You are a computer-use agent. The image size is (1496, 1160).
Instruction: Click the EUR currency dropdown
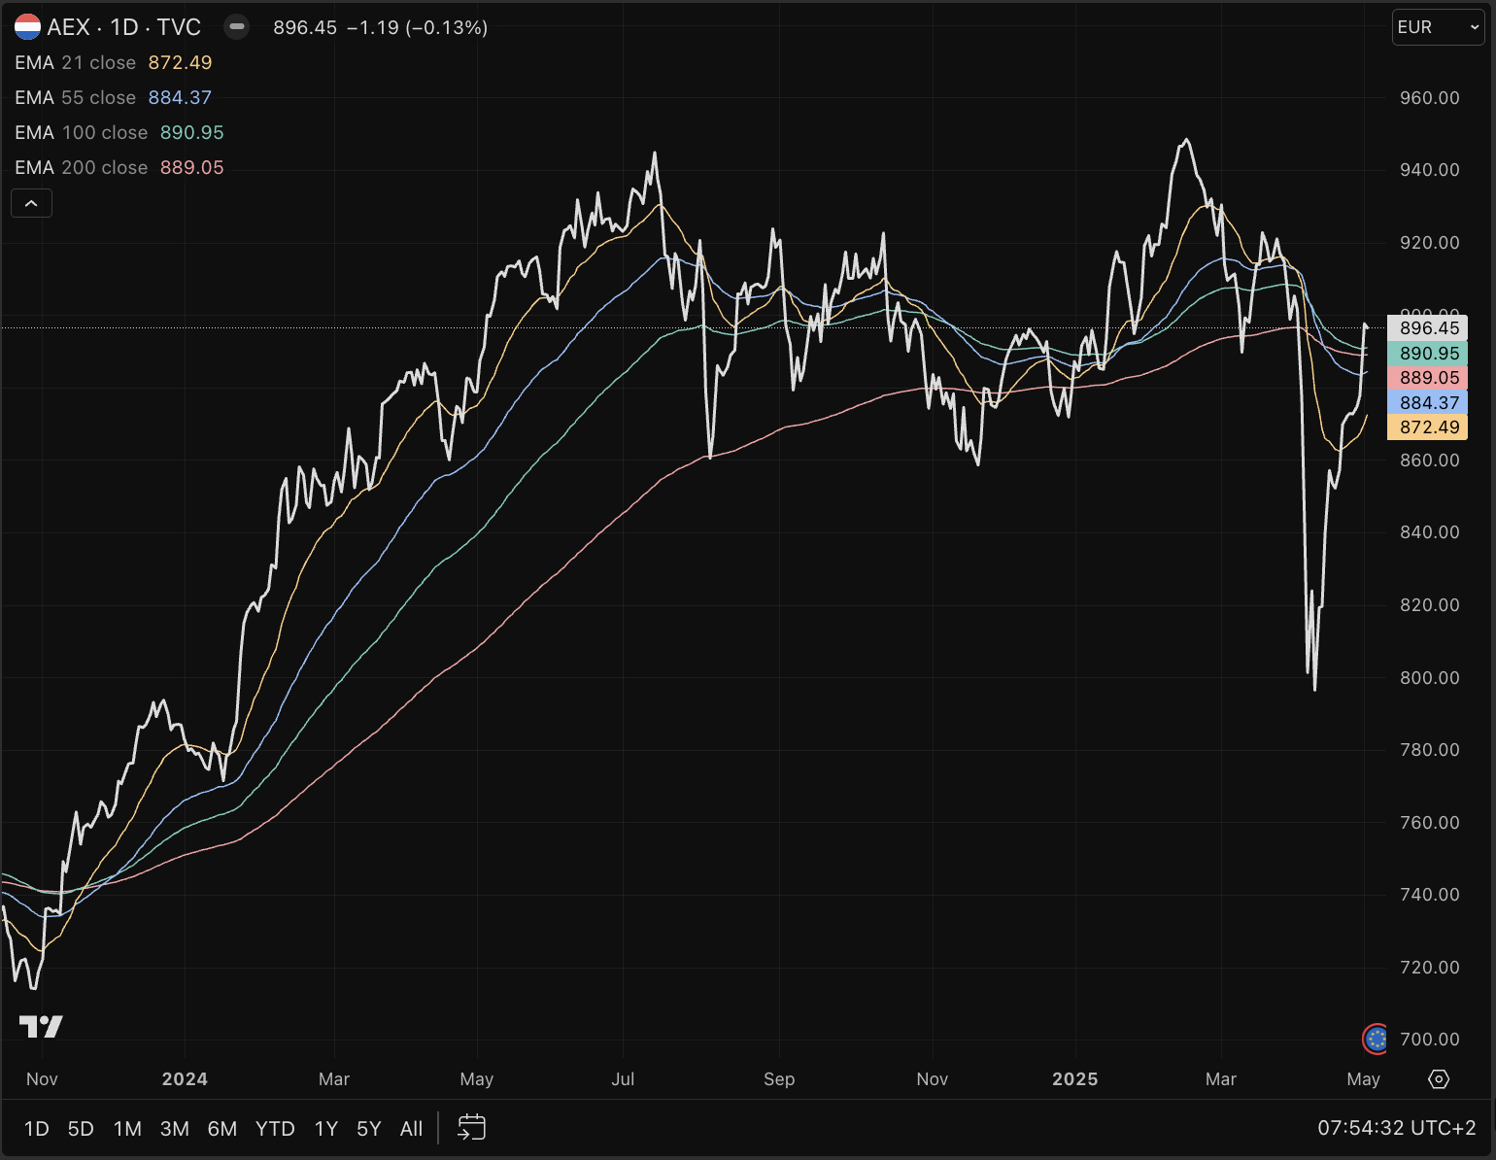(1438, 27)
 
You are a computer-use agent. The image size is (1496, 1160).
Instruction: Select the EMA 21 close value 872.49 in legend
(180, 62)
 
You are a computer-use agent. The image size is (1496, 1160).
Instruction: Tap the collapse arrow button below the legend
(31, 203)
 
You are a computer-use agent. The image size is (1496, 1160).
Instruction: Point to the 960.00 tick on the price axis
(1429, 97)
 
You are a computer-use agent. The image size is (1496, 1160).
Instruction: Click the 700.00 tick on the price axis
(1429, 1039)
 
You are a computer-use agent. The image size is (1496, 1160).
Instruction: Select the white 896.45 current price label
(1428, 328)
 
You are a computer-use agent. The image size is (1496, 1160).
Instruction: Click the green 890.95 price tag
(1428, 354)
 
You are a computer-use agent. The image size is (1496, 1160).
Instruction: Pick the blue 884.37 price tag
(1428, 402)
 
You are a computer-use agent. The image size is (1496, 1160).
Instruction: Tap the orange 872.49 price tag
(1428, 427)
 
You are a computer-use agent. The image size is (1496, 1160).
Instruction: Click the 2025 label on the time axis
(1074, 1079)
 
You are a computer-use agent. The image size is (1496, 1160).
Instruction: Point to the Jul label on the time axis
(623, 1079)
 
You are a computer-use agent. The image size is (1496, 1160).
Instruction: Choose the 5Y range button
(368, 1129)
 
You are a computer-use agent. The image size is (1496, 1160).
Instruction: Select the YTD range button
(275, 1129)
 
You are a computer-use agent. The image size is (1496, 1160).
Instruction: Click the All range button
(411, 1129)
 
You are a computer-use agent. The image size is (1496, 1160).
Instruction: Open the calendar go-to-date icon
(471, 1128)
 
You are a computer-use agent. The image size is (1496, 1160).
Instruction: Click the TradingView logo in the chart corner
(41, 1026)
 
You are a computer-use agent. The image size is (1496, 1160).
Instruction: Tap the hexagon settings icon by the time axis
(1439, 1079)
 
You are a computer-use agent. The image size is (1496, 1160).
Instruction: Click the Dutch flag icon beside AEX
(27, 27)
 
